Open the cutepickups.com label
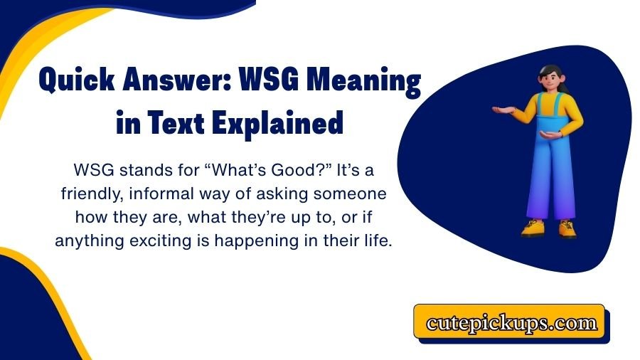point(511,323)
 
